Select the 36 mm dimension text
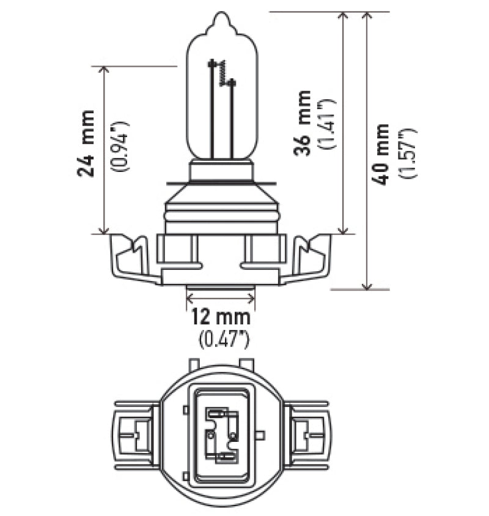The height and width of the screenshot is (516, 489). click(302, 122)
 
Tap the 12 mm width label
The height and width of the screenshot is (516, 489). click(220, 317)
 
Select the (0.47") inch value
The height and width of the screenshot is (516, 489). click(221, 336)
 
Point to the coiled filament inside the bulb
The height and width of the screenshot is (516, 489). click(223, 73)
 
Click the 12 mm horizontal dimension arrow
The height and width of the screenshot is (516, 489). click(220, 298)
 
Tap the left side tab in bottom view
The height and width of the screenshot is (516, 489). click(134, 432)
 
